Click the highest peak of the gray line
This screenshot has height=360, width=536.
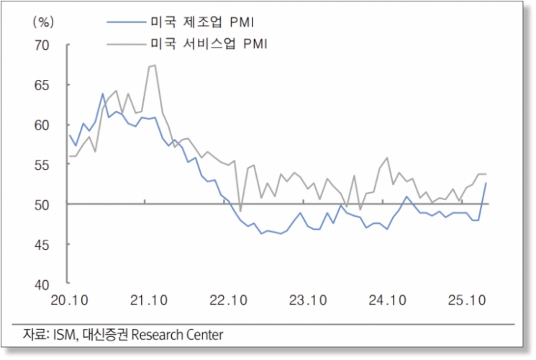[153, 66]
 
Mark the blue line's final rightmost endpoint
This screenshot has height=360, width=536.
[486, 183]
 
